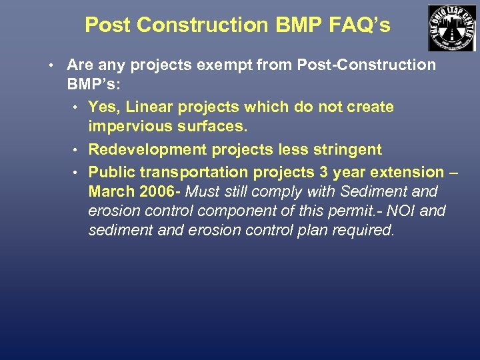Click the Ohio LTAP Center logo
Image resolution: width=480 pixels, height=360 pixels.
tap(451, 28)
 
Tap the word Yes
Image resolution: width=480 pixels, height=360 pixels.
tap(104, 107)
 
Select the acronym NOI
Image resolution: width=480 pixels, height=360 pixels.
tap(404, 211)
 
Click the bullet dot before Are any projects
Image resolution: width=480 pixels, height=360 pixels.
tap(51, 65)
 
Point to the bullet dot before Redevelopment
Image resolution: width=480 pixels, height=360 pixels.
tap(77, 149)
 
